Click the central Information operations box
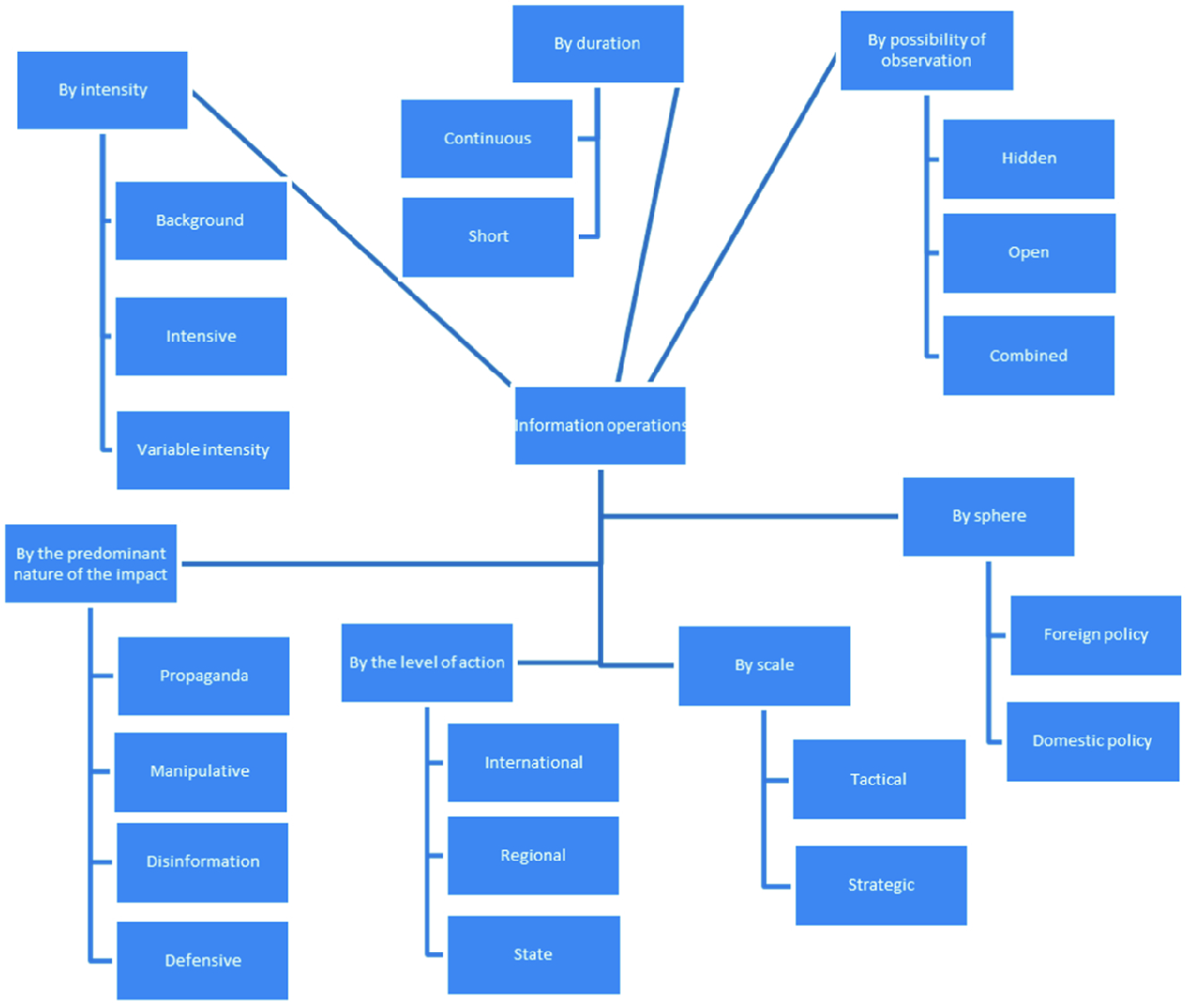click(599, 425)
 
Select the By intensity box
click(102, 89)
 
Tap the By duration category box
click(597, 43)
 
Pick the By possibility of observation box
click(926, 50)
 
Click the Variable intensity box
click(202, 450)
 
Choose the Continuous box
click(487, 139)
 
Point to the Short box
click(488, 236)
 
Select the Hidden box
click(1028, 158)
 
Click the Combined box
click(1028, 355)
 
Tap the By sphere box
click(988, 516)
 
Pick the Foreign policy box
click(1095, 634)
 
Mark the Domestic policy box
click(1091, 741)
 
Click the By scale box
click(764, 665)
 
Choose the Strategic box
click(880, 885)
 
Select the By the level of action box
click(427, 662)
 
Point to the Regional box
click(532, 855)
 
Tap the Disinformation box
click(202, 862)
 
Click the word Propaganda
click(204, 676)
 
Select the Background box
click(200, 220)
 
